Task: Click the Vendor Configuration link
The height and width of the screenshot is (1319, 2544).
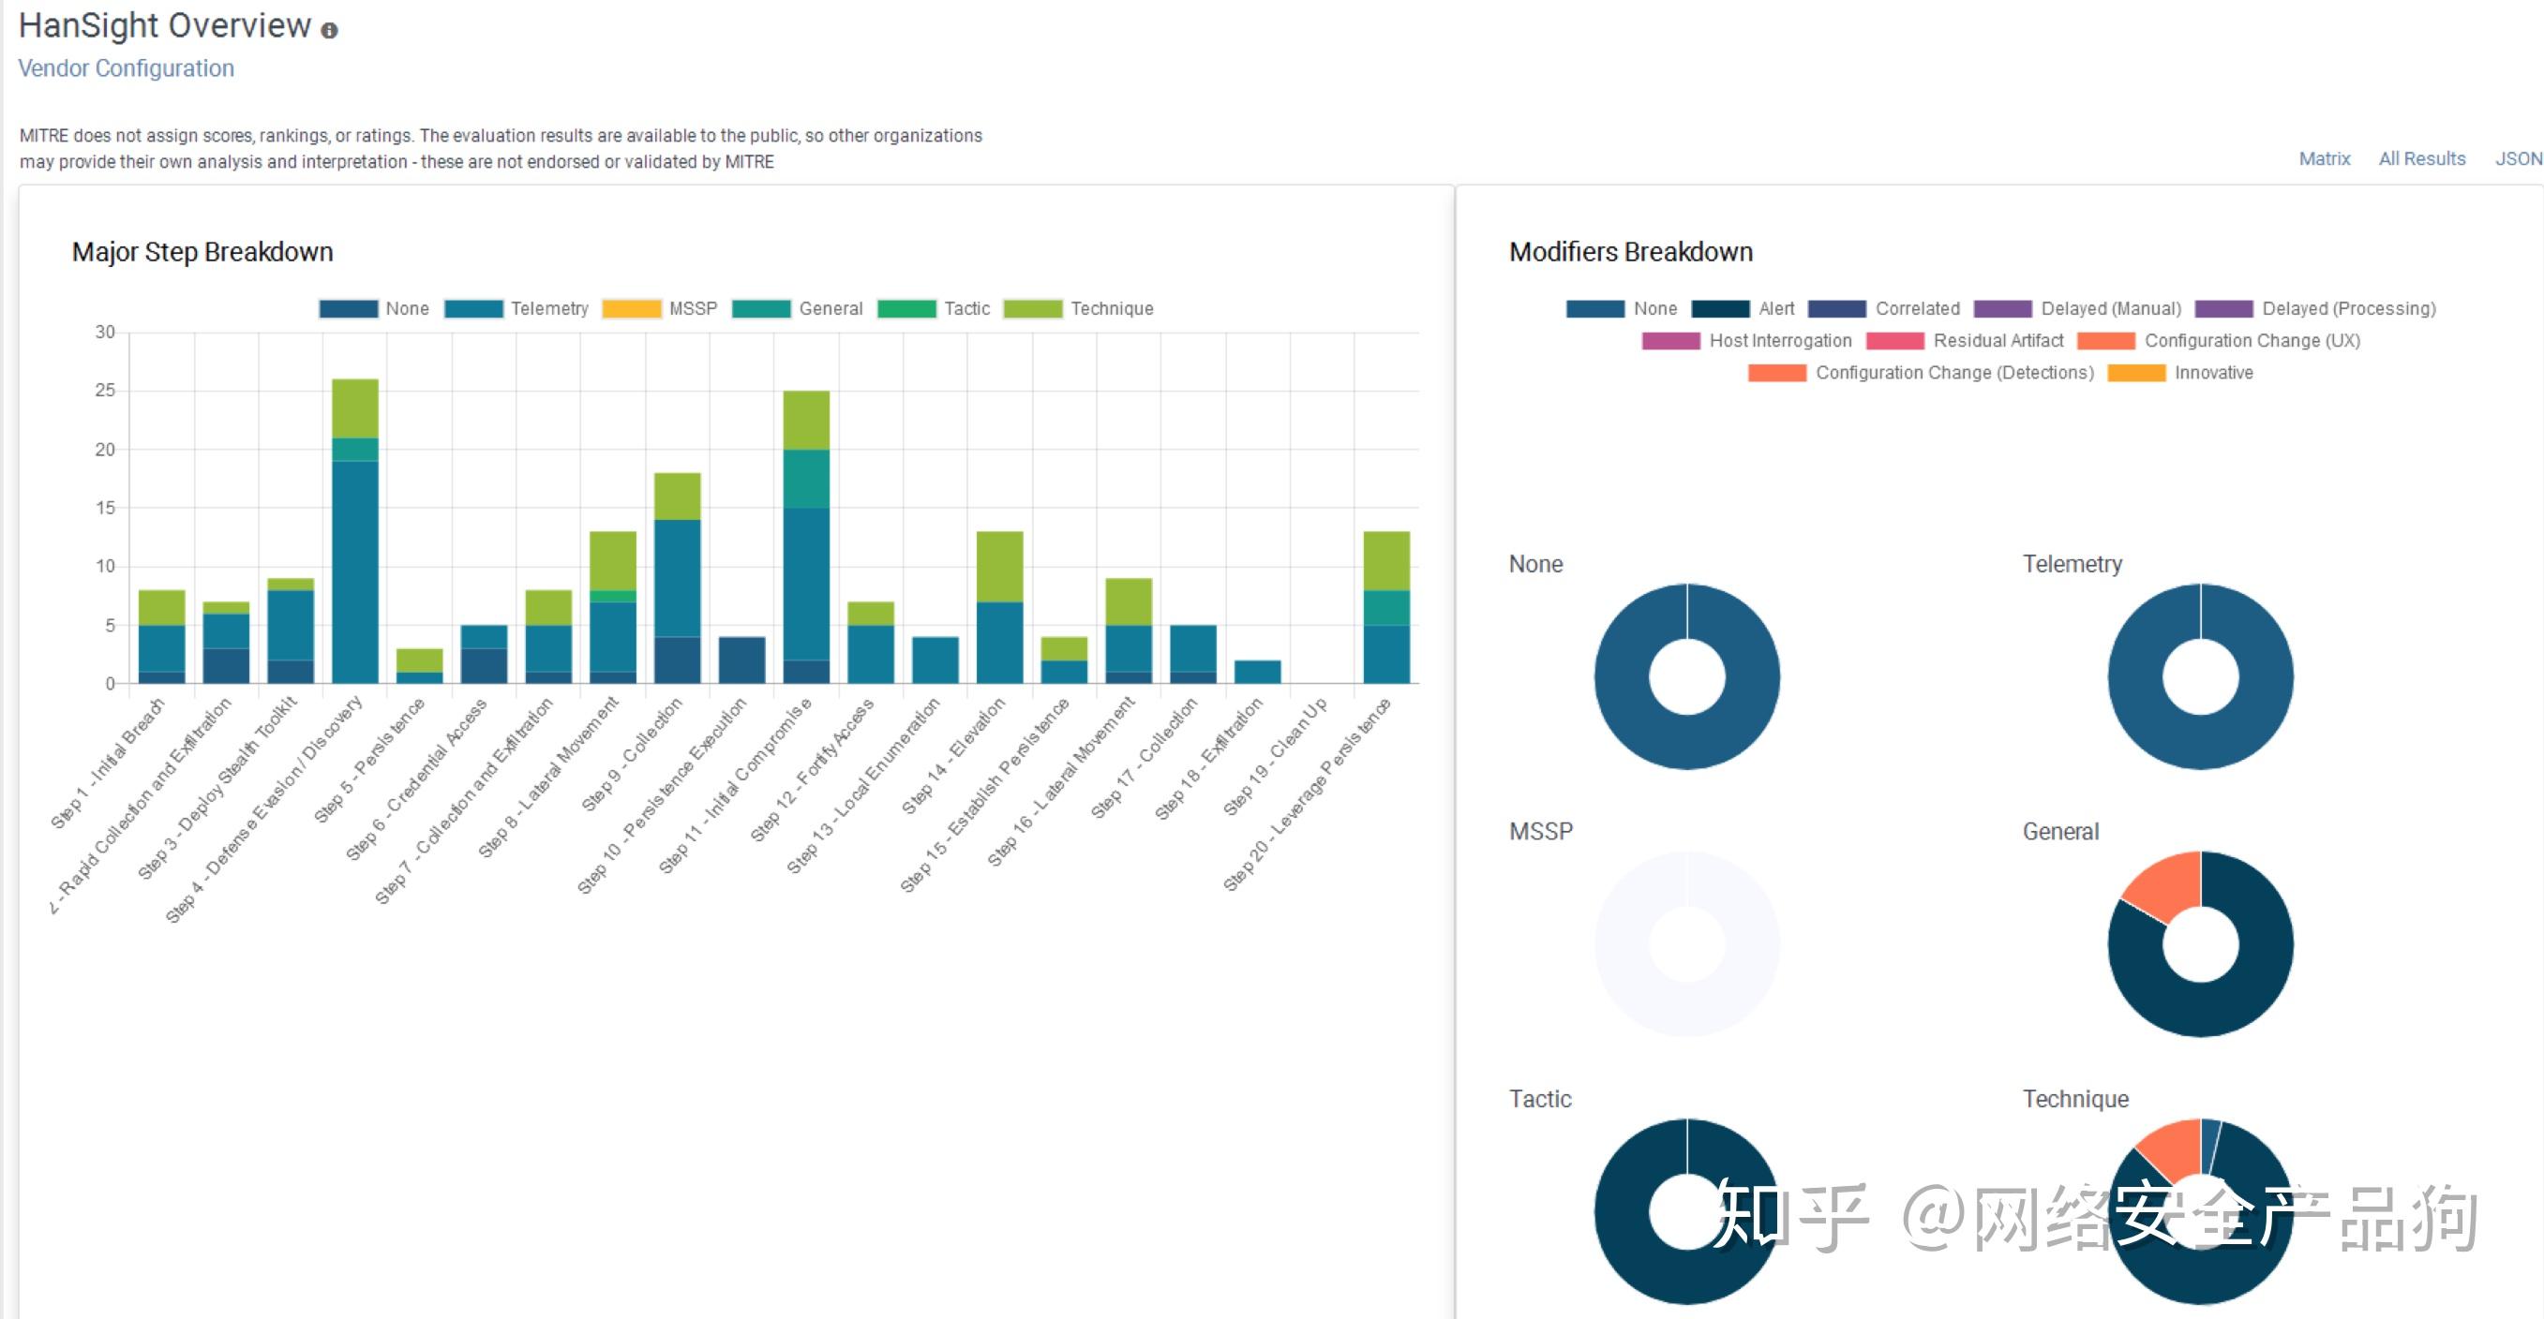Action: [127, 68]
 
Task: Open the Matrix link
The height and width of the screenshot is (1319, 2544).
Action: [2324, 159]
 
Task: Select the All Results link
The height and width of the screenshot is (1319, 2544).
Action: [2421, 159]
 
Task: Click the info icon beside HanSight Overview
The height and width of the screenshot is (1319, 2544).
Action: [330, 31]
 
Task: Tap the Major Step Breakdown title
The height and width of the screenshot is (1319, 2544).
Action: [202, 252]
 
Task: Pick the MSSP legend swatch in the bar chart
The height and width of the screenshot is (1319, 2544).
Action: [631, 309]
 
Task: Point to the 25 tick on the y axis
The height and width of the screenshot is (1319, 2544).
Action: [105, 391]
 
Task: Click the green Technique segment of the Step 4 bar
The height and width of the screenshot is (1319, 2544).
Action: [354, 408]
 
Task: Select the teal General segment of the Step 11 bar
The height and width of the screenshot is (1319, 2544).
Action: [806, 479]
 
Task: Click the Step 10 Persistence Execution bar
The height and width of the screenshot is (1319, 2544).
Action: [741, 659]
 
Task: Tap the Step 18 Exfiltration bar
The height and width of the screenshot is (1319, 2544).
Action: [1257, 672]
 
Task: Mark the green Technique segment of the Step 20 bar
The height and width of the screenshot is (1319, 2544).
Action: [1386, 560]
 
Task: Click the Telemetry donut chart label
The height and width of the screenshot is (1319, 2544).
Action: [2072, 564]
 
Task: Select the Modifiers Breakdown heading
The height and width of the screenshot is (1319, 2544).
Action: [1630, 252]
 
